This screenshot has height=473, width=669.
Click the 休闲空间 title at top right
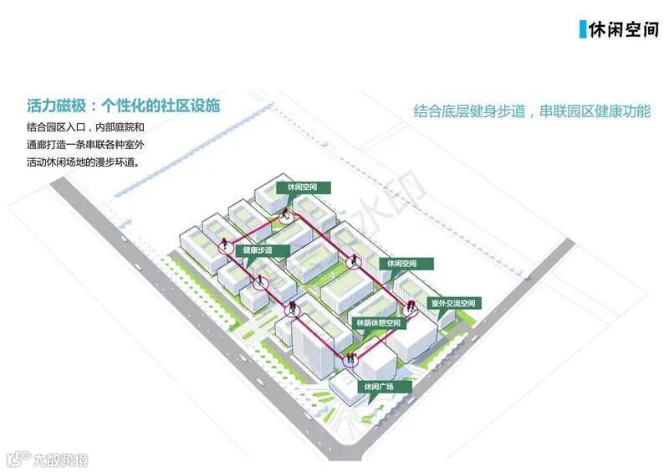[x=624, y=29]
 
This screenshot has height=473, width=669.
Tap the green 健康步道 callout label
[x=264, y=250]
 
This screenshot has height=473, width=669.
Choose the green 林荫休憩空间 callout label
[x=379, y=323]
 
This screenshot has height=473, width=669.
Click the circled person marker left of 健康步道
[x=226, y=247]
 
